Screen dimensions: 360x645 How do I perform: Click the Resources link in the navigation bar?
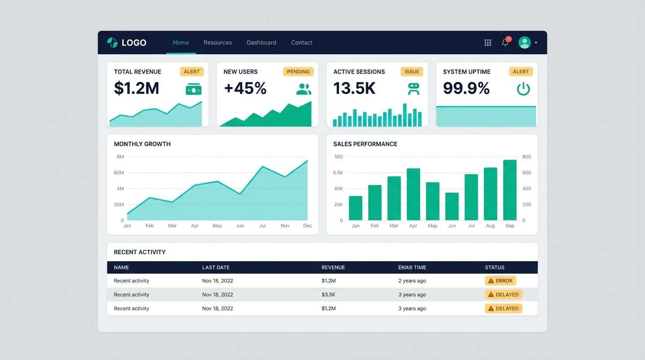[x=217, y=43]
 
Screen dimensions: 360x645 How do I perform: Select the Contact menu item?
[x=301, y=43]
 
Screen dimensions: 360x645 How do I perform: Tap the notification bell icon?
[x=505, y=43]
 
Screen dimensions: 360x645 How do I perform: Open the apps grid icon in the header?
[x=487, y=43]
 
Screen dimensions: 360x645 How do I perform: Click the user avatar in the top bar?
[x=525, y=43]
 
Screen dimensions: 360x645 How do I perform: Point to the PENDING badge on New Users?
[x=298, y=72]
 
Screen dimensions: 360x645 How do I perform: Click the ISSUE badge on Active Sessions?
[x=412, y=72]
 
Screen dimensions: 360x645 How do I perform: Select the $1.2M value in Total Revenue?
[x=136, y=88]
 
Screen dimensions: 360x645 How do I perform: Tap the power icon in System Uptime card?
[x=523, y=89]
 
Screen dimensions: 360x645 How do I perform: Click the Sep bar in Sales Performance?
[x=510, y=190]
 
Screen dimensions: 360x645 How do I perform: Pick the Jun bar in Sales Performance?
[x=452, y=206]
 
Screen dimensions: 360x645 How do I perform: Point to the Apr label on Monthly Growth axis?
[x=195, y=226]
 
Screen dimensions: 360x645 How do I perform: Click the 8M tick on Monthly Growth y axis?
[x=120, y=157]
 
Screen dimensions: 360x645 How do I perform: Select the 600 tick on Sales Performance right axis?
[x=526, y=173]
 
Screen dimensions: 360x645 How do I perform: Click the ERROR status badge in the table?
[x=500, y=281]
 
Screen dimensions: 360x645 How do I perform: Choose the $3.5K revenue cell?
[x=328, y=295]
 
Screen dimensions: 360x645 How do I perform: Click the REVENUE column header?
[x=333, y=268]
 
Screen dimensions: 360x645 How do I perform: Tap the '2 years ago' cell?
[x=412, y=281]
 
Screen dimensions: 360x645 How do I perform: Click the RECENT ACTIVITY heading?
[x=140, y=252]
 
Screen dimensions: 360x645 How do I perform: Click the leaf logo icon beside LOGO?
[x=112, y=43]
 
